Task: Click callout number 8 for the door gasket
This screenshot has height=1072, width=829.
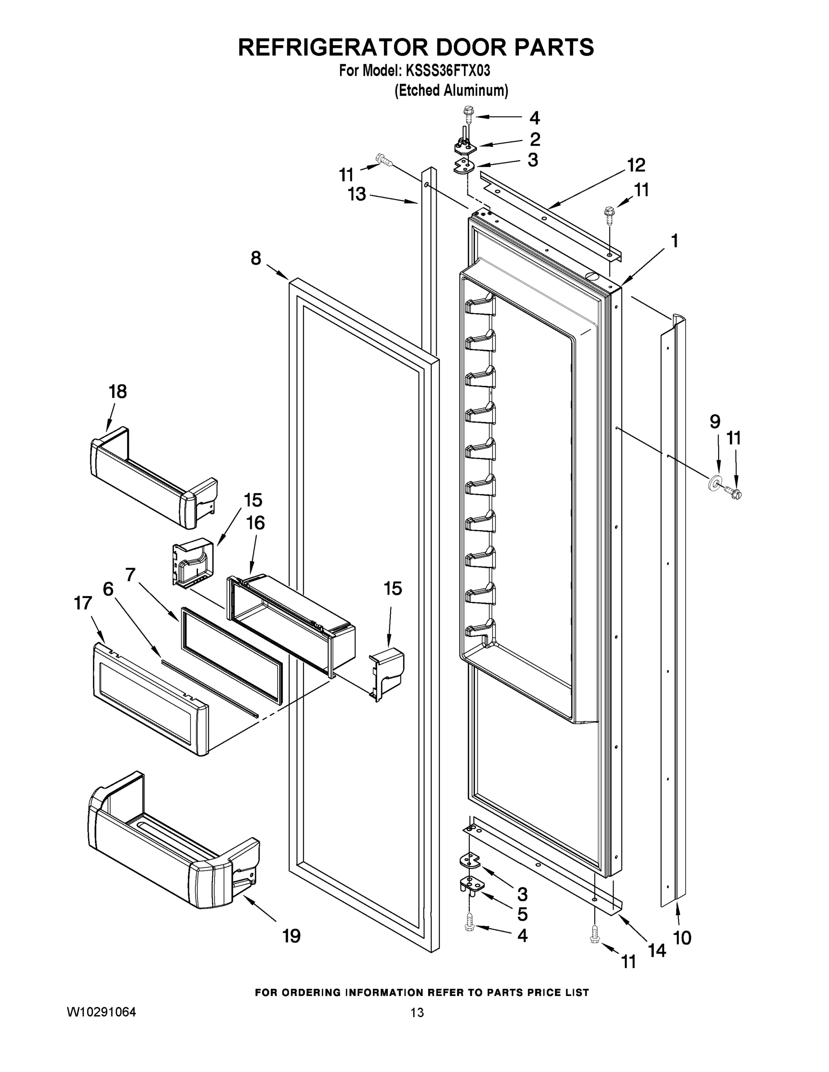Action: point(256,258)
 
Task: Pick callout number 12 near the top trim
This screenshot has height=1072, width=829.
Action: point(636,165)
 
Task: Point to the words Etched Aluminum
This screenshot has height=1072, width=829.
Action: point(451,91)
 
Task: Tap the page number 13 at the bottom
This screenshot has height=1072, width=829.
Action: point(417,1013)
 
